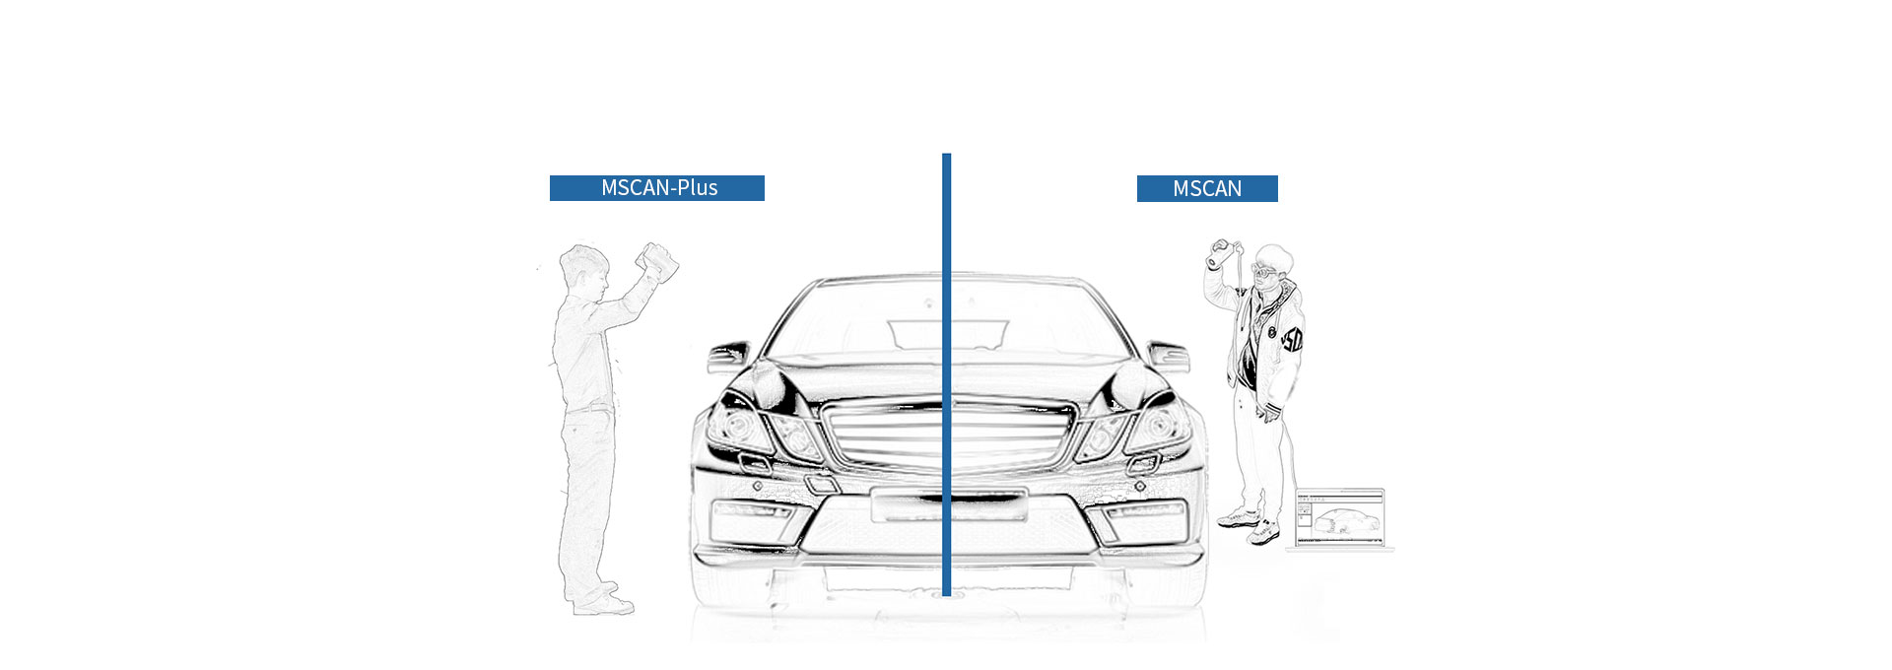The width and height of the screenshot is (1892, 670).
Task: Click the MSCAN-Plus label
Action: coord(657,188)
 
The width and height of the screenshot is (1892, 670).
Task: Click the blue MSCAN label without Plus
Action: coord(1207,188)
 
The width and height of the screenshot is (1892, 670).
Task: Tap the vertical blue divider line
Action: coord(946,374)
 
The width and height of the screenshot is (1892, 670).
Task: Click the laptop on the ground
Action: coord(1340,519)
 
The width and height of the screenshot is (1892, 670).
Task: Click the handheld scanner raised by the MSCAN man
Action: coord(1222,251)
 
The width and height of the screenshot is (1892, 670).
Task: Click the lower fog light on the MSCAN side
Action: coord(1143,511)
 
